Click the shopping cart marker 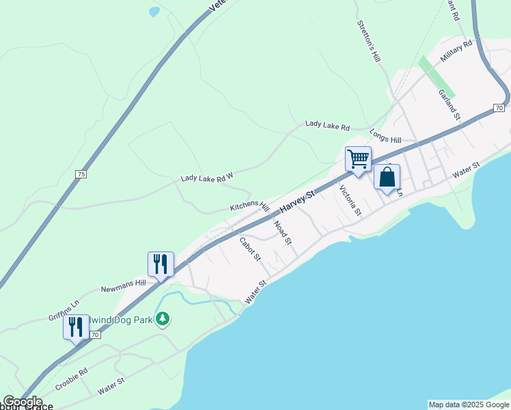pos(358,159)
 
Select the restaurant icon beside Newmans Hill pos(161,264)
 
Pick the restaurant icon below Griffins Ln pos(76,327)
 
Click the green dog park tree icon pos(162,319)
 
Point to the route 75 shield pos(81,174)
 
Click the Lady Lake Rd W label pos(207,177)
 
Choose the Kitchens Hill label pos(249,206)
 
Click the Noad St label pos(282,232)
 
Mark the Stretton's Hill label pos(368,42)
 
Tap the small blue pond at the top pos(154,12)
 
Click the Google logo pos(23,402)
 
